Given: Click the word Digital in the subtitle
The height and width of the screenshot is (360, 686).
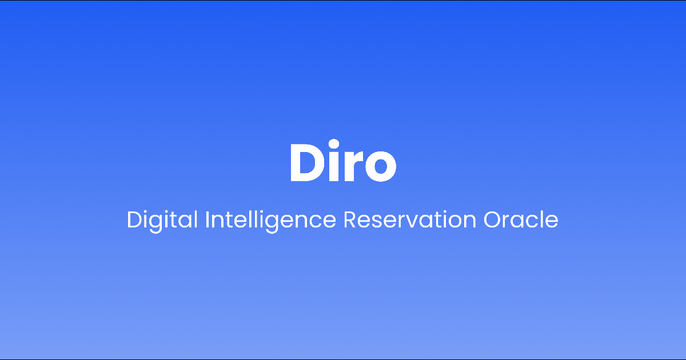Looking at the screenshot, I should click(x=162, y=219).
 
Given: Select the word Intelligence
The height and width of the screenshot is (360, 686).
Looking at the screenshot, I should click(x=270, y=219).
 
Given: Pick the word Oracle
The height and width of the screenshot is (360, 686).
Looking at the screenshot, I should click(x=521, y=219).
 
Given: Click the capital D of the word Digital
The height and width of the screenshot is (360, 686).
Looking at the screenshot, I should click(x=134, y=219).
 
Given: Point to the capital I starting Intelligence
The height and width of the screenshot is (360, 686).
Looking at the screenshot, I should click(x=207, y=219).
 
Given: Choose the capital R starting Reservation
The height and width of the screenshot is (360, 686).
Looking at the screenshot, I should click(x=349, y=219).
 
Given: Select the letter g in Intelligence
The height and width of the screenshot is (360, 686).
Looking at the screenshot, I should click(x=287, y=222).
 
